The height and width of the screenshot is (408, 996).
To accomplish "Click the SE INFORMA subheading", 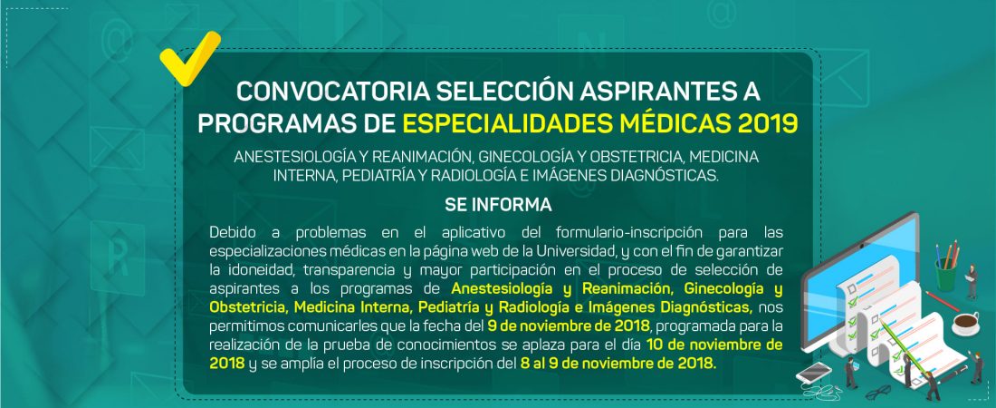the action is [x=498, y=205].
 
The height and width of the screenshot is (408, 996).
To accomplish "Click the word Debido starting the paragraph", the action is [x=231, y=232].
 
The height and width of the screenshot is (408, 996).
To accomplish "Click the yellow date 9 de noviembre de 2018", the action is [x=569, y=326].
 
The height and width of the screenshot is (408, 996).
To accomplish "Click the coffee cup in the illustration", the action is [x=965, y=324].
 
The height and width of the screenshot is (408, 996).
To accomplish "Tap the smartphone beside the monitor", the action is [x=813, y=372].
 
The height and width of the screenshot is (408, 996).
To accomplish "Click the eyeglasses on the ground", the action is [x=878, y=391].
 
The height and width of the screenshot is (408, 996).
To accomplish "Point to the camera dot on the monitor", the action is [x=861, y=246].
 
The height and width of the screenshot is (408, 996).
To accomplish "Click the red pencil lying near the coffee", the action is [x=942, y=301].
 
